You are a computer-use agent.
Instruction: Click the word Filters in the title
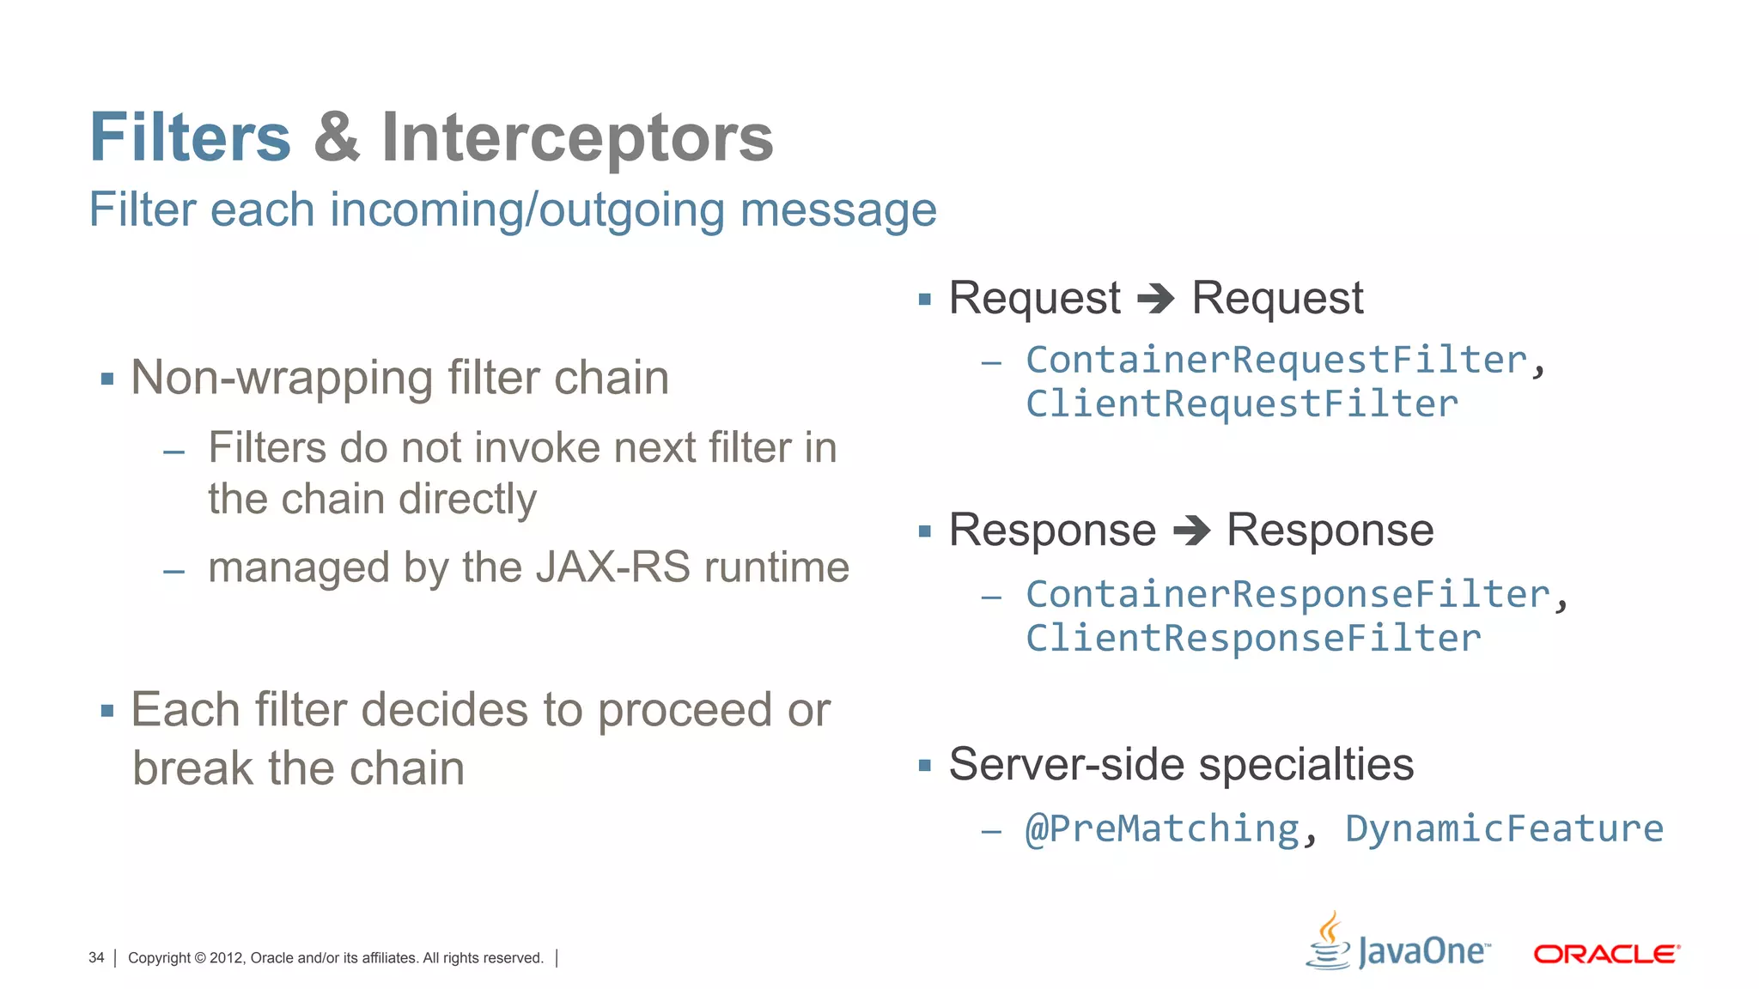[190, 137]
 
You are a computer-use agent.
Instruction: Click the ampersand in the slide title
[337, 137]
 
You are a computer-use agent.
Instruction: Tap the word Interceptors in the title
[577, 139]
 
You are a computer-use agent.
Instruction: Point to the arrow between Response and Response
[1191, 531]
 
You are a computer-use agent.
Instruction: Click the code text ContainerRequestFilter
[1276, 360]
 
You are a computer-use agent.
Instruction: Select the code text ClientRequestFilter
[1242, 404]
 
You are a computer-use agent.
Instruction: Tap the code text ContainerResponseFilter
[1287, 594]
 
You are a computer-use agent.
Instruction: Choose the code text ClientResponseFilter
[1253, 639]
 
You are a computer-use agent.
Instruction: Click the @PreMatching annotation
[1162, 829]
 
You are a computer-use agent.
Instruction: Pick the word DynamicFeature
[1504, 829]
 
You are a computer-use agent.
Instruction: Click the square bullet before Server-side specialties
[924, 766]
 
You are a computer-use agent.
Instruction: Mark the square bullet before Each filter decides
[107, 711]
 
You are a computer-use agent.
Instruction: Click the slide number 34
[96, 958]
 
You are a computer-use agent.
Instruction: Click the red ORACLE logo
[1606, 955]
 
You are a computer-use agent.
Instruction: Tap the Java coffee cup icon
[1329, 943]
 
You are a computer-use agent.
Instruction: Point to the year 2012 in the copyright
[226, 958]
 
